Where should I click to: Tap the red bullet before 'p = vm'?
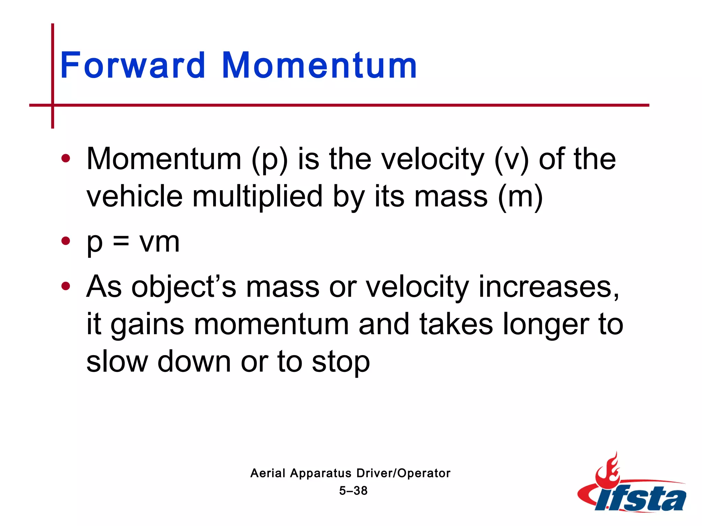pos(65,241)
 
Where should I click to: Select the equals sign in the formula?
pos(121,241)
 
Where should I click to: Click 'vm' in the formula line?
pos(159,242)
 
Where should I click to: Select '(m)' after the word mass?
pos(520,197)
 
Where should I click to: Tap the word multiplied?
pos(257,197)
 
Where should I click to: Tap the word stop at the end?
pos(341,362)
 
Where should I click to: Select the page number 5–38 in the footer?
pos(353,491)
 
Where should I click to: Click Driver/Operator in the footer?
pos(403,473)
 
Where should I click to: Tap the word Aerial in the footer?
pos(268,473)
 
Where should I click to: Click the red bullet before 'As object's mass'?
pos(65,286)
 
